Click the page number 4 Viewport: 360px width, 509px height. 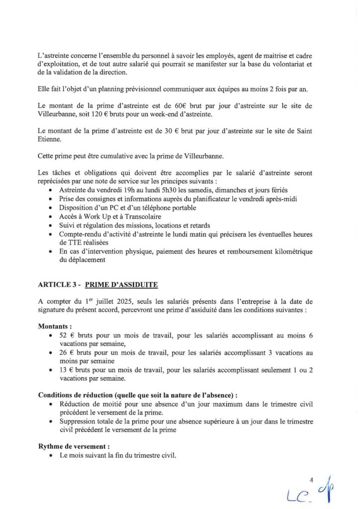click(311, 480)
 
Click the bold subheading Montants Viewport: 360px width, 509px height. click(55, 327)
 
